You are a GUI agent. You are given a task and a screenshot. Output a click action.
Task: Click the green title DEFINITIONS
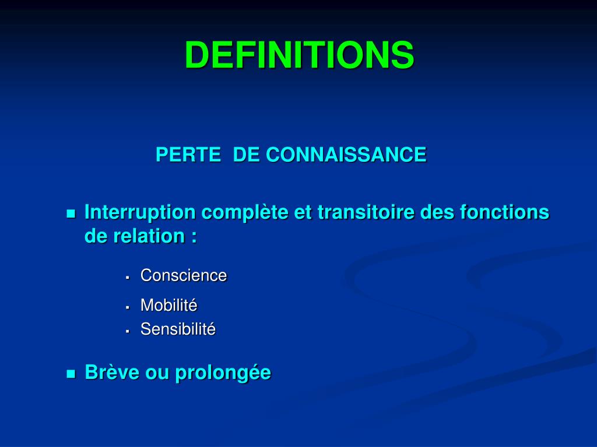[299, 55]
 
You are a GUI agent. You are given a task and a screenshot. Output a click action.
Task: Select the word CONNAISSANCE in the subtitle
[346, 155]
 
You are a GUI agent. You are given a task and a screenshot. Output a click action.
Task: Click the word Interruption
[140, 212]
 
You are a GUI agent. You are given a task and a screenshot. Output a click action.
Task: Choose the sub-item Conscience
[184, 275]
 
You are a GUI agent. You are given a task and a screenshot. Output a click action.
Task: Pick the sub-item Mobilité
[169, 305]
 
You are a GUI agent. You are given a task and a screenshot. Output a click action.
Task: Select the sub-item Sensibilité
[178, 329]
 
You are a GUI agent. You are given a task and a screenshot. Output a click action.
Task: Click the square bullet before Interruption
[71, 214]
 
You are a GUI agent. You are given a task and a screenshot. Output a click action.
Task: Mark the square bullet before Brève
[71, 374]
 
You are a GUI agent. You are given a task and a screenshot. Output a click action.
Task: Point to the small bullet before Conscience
[127, 277]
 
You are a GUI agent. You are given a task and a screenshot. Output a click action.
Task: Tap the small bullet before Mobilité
[127, 307]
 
